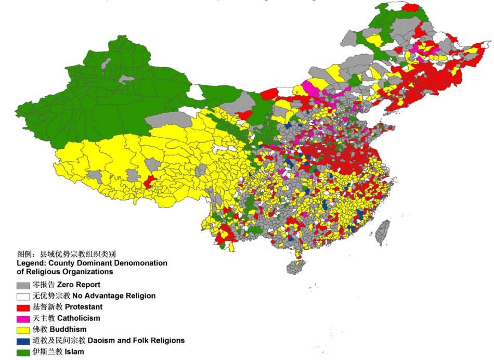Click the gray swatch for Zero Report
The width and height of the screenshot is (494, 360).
point(23,286)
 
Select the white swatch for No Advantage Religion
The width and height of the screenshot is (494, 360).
point(23,297)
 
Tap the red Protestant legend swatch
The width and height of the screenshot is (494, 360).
point(23,307)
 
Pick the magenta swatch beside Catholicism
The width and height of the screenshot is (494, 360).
point(23,318)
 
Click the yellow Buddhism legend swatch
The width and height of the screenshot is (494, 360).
point(23,330)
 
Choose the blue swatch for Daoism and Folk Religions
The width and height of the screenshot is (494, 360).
point(23,341)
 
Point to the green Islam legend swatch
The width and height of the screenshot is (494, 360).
point(23,352)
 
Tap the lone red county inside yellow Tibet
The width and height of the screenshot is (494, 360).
point(149,182)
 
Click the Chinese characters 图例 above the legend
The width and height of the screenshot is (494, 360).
point(24,254)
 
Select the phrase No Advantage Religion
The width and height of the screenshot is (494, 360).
point(113,296)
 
